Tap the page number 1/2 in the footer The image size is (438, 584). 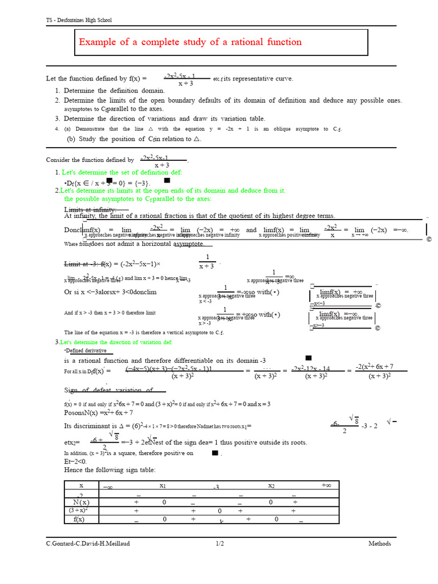220,544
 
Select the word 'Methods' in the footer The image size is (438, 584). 379,544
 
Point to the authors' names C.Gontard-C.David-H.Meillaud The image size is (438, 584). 88,544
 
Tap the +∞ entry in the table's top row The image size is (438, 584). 326,485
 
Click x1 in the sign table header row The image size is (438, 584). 163,486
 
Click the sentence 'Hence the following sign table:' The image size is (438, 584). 109,469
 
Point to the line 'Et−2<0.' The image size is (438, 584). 75,461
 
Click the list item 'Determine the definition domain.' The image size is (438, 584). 114,91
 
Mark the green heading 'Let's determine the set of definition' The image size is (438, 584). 121,172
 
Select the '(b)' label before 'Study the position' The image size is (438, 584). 71,139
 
